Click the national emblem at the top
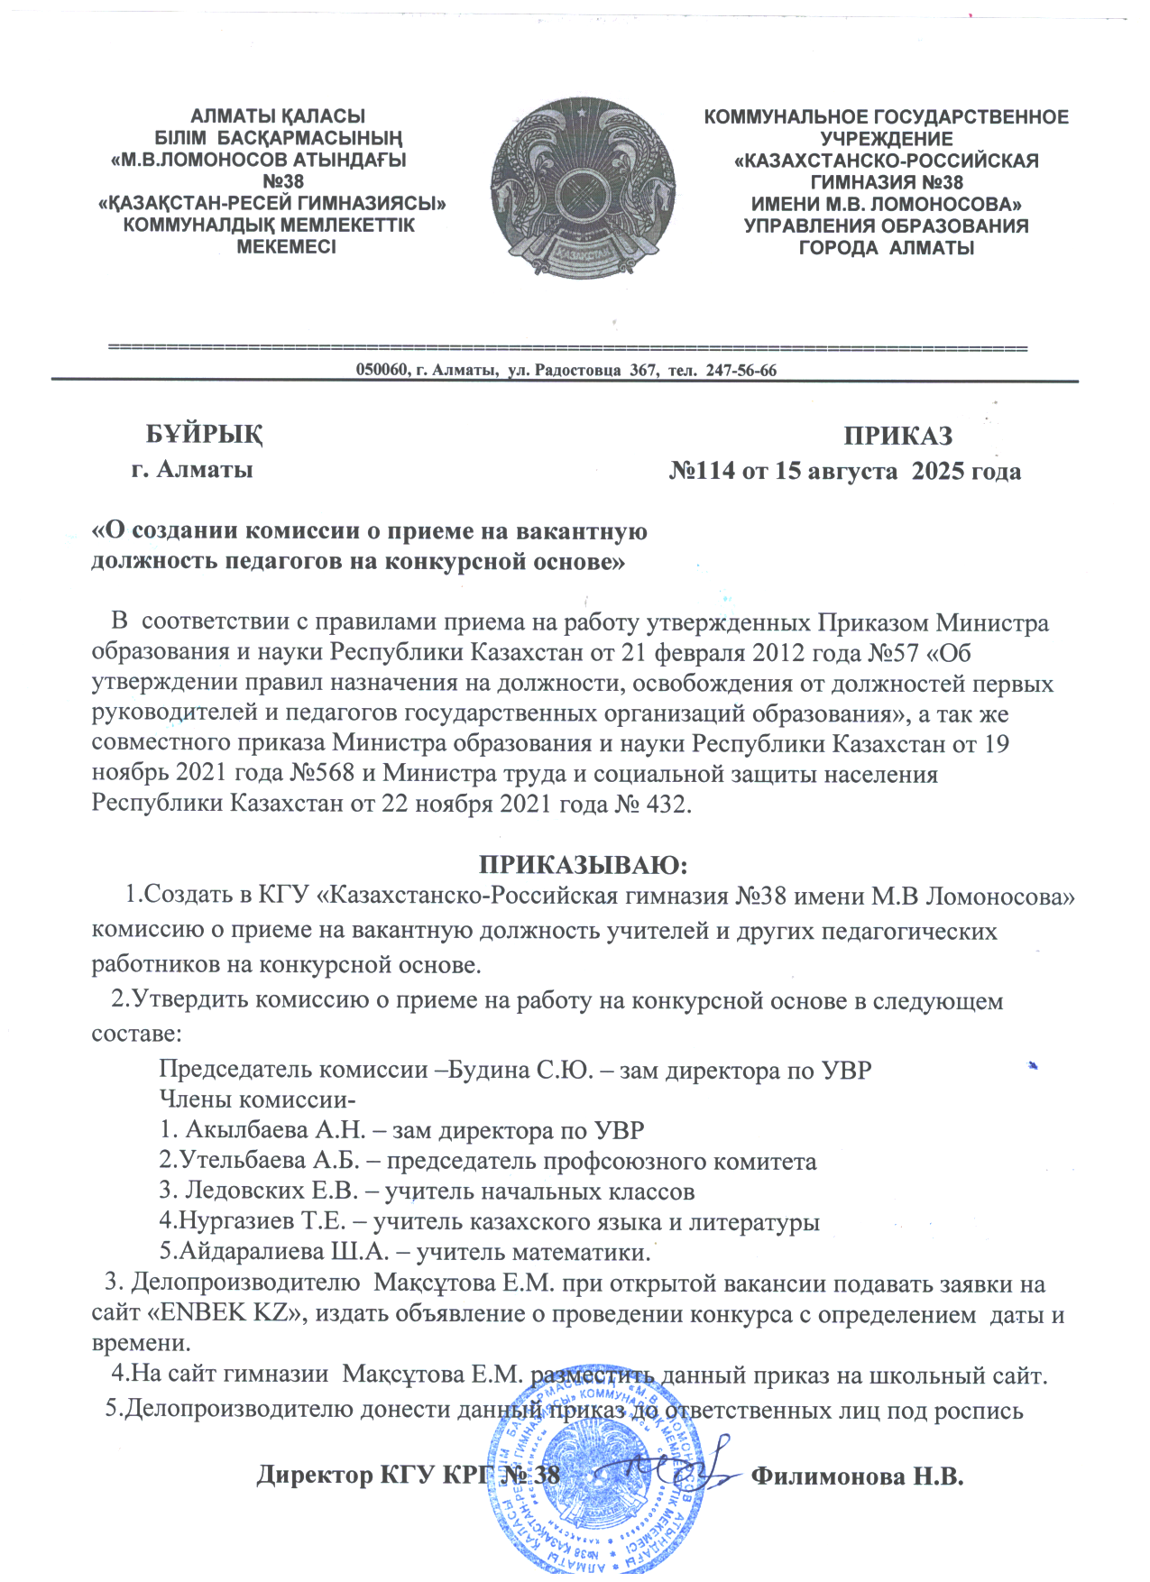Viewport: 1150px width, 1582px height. click(x=583, y=188)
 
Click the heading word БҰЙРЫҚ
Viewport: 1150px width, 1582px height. click(x=205, y=435)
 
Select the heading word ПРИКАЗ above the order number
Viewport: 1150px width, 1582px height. click(x=897, y=437)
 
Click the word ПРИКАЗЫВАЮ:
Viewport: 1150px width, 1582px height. click(x=583, y=865)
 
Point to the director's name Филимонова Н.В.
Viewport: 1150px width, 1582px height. click(x=858, y=1476)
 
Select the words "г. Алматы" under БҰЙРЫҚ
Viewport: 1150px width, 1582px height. click(x=192, y=470)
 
